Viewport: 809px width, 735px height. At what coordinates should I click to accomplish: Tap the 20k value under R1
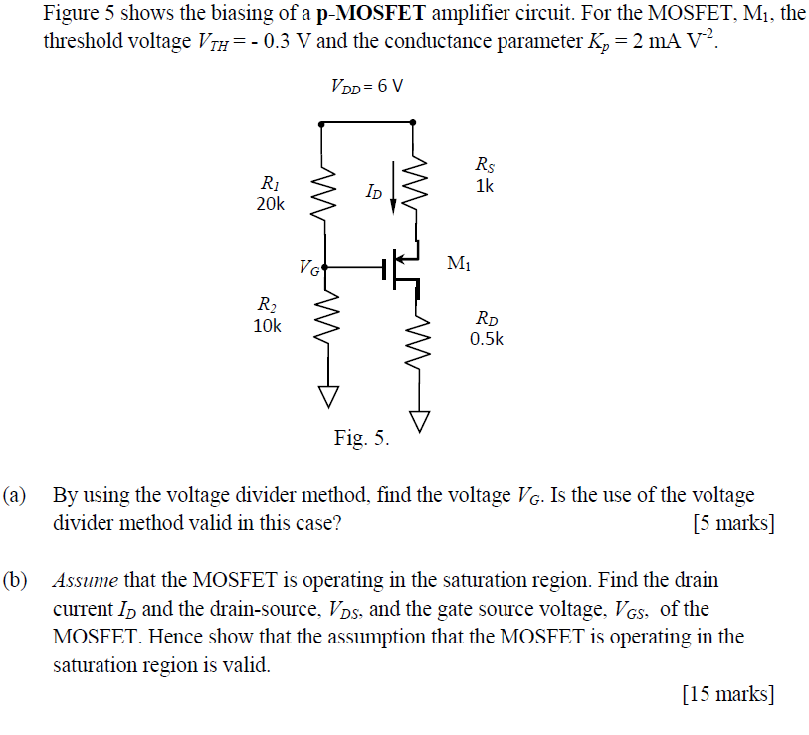[270, 204]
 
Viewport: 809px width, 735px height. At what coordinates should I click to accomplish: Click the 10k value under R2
[268, 326]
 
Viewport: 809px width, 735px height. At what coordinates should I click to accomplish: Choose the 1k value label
[484, 186]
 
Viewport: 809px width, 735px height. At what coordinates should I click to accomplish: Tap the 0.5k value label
[487, 338]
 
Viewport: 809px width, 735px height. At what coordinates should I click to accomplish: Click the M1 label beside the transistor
[460, 264]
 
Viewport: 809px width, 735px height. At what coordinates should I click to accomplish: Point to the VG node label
[308, 267]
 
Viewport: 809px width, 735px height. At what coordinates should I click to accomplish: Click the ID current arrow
[394, 191]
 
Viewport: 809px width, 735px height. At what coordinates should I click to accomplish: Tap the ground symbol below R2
[322, 396]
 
